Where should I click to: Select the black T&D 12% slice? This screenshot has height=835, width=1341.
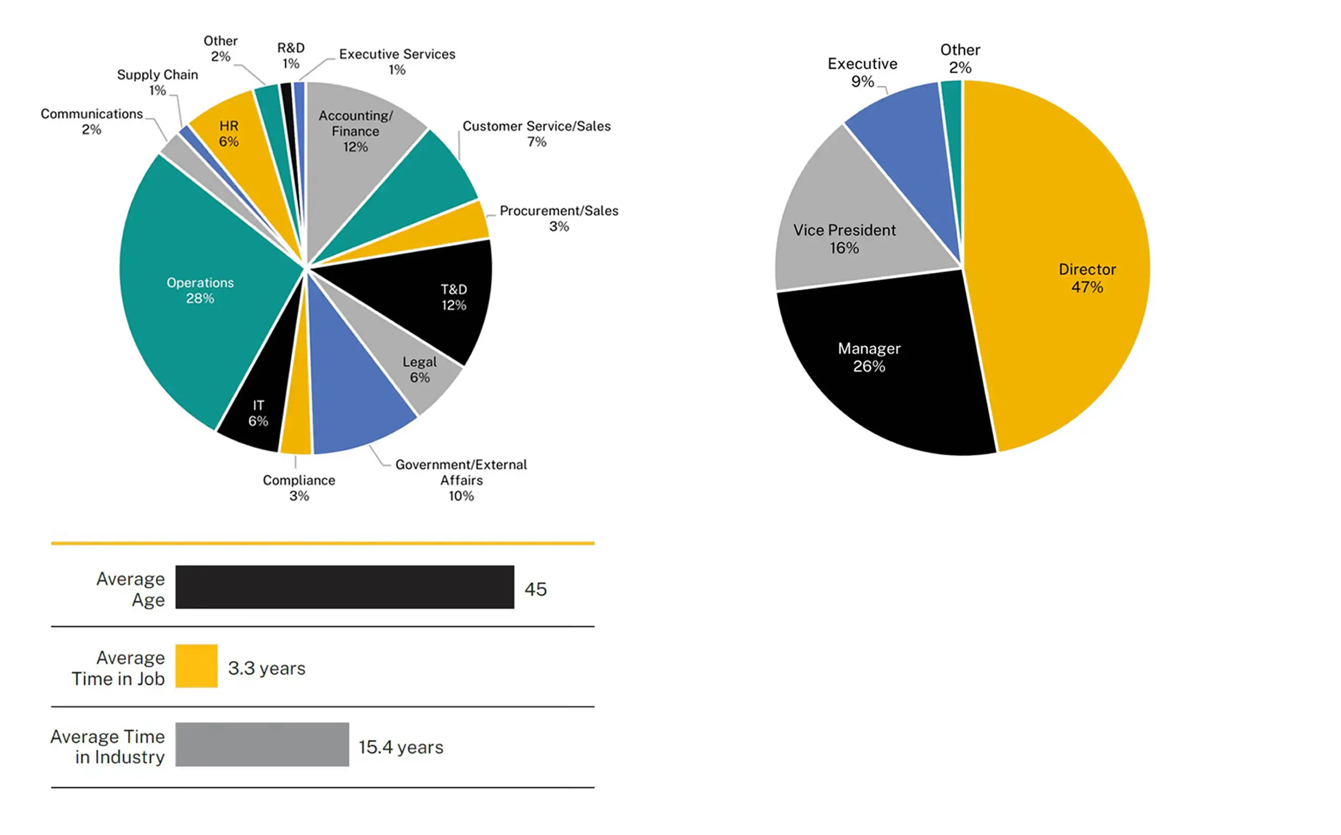tap(436, 298)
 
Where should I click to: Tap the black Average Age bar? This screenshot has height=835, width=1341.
tap(345, 587)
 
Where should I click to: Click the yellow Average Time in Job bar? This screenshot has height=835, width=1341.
tap(196, 665)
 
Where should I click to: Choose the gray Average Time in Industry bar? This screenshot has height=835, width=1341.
tap(262, 744)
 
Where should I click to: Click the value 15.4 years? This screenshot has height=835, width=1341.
tap(401, 746)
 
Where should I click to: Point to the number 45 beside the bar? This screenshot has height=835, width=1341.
tap(535, 589)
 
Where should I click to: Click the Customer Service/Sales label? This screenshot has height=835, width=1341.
tap(536, 133)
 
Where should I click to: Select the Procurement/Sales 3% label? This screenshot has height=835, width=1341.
tap(558, 217)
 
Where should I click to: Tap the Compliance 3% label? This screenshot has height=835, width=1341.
tap(299, 487)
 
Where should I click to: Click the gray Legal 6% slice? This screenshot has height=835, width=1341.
tap(409, 359)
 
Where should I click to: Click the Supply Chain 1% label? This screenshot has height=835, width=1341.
tap(157, 82)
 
